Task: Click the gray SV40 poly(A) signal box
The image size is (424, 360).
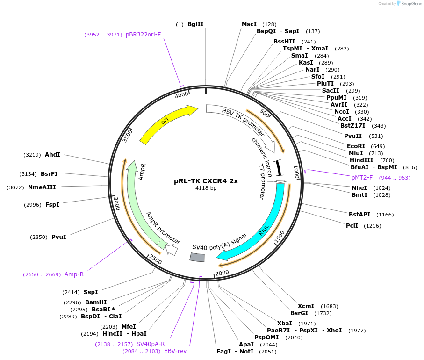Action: pos(197,257)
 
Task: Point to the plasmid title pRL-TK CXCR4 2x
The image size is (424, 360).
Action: pos(206,181)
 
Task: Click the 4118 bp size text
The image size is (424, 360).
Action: pos(206,188)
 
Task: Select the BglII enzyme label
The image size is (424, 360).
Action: pos(195,24)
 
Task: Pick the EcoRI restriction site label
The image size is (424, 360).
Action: pos(356,146)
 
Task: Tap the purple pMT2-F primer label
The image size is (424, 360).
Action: pos(362,178)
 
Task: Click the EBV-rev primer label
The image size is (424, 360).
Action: pos(175,351)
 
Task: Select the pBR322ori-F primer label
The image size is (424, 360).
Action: pos(143,35)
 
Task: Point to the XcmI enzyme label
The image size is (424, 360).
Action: pos(306,306)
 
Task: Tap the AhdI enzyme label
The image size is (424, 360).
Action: pos(52,155)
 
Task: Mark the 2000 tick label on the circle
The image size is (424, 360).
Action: pos(222,273)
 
